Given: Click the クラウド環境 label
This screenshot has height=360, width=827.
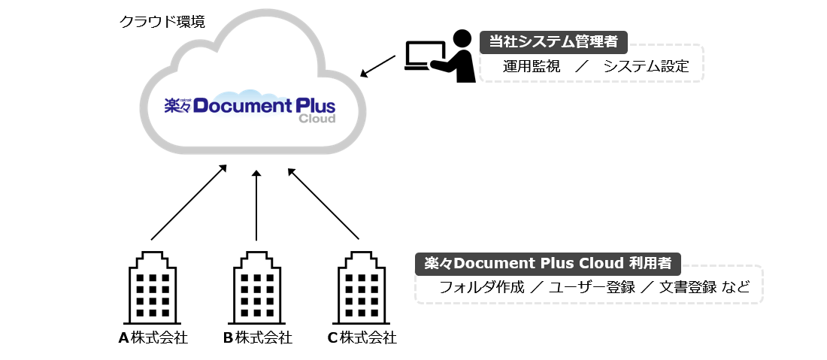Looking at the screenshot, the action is click(162, 22).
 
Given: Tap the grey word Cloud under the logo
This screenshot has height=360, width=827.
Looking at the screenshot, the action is click(317, 119).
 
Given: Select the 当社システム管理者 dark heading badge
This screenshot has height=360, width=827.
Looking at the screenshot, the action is click(553, 42).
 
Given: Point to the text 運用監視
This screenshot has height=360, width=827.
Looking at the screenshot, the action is click(531, 66).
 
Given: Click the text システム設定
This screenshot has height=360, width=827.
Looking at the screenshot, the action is click(646, 66).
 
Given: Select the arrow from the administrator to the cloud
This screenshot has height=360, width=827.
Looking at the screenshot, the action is click(377, 66).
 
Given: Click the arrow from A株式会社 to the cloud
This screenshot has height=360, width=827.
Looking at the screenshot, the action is click(189, 202).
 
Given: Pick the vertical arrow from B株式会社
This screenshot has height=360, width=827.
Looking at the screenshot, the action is click(256, 205).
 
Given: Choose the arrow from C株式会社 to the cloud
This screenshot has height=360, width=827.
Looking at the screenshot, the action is click(323, 204).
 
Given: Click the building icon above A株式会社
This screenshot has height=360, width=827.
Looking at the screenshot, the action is click(153, 288).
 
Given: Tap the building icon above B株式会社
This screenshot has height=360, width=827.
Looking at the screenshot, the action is click(257, 288).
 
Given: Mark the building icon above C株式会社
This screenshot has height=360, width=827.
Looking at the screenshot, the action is click(362, 288).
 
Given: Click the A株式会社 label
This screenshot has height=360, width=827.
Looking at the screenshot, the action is click(153, 338).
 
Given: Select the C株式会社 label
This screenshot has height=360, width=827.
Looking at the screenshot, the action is click(362, 338).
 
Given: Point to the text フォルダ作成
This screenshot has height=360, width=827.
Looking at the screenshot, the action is click(482, 287).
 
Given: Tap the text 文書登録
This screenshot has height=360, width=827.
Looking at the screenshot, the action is click(688, 287).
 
